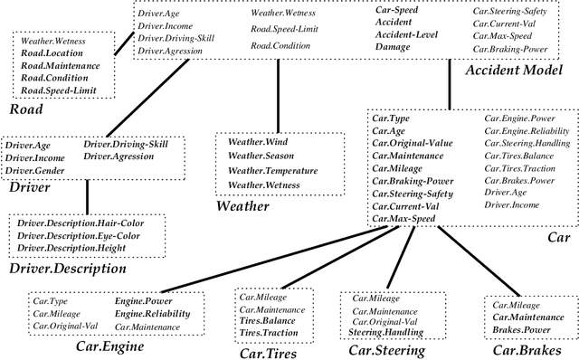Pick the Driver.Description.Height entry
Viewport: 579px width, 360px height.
tap(72, 248)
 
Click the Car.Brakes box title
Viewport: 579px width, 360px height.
tap(522, 350)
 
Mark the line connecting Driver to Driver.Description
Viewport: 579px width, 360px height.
tap(87, 195)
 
